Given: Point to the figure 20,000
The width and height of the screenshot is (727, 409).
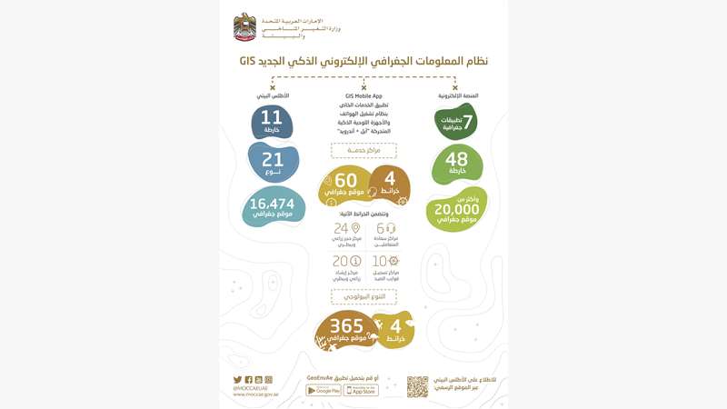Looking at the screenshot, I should coord(456,206).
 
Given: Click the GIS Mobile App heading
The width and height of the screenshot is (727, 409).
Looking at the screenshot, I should coord(363,95).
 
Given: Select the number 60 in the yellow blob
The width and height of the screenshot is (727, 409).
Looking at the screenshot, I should coord(345,180).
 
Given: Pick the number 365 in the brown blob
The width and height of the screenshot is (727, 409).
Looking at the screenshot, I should coord(346,325).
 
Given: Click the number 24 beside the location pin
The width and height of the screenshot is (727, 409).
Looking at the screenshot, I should coord(342,228).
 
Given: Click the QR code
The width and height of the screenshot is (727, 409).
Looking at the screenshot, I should coord(417,385).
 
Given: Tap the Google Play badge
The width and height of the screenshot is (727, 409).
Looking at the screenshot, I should coord(324,390).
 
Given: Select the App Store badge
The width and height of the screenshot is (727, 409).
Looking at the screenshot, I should coord(361,390).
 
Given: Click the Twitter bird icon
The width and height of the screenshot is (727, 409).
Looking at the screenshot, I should coord(237,379).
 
